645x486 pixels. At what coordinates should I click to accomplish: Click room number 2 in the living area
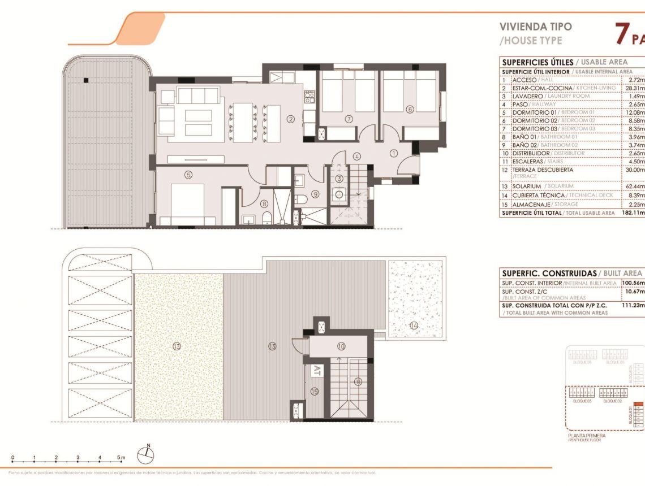click(290, 119)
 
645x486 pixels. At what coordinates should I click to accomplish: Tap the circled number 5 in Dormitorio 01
click(189, 175)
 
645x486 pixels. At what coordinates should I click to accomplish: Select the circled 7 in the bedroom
click(349, 119)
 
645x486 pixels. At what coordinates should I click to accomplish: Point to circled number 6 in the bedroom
click(410, 110)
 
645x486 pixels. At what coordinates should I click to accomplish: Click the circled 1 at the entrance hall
click(394, 153)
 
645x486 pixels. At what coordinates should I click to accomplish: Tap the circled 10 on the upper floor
click(341, 346)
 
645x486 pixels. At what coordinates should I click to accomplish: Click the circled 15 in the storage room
click(315, 390)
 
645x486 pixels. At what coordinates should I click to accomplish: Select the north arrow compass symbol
click(148, 453)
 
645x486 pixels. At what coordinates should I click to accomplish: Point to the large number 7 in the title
click(622, 34)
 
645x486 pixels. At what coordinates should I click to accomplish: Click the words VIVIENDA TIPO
click(528, 26)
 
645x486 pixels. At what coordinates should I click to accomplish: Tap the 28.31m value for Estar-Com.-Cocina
click(633, 88)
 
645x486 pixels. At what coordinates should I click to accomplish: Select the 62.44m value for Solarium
click(633, 186)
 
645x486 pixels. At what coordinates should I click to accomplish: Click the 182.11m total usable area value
click(633, 213)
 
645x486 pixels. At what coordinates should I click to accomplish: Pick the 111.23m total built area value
click(633, 305)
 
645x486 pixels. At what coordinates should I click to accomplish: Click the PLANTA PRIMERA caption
click(586, 436)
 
